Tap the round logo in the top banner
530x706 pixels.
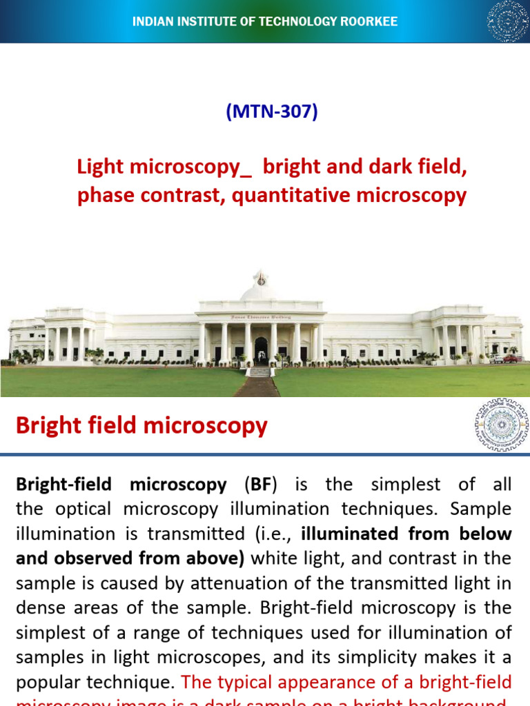pyautogui.click(x=507, y=21)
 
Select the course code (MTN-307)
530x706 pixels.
pyautogui.click(x=272, y=112)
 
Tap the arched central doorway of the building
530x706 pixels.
pyautogui.click(x=261, y=350)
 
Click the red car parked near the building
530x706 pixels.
pyautogui.click(x=511, y=358)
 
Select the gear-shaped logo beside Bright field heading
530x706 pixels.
pyautogui.click(x=501, y=425)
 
